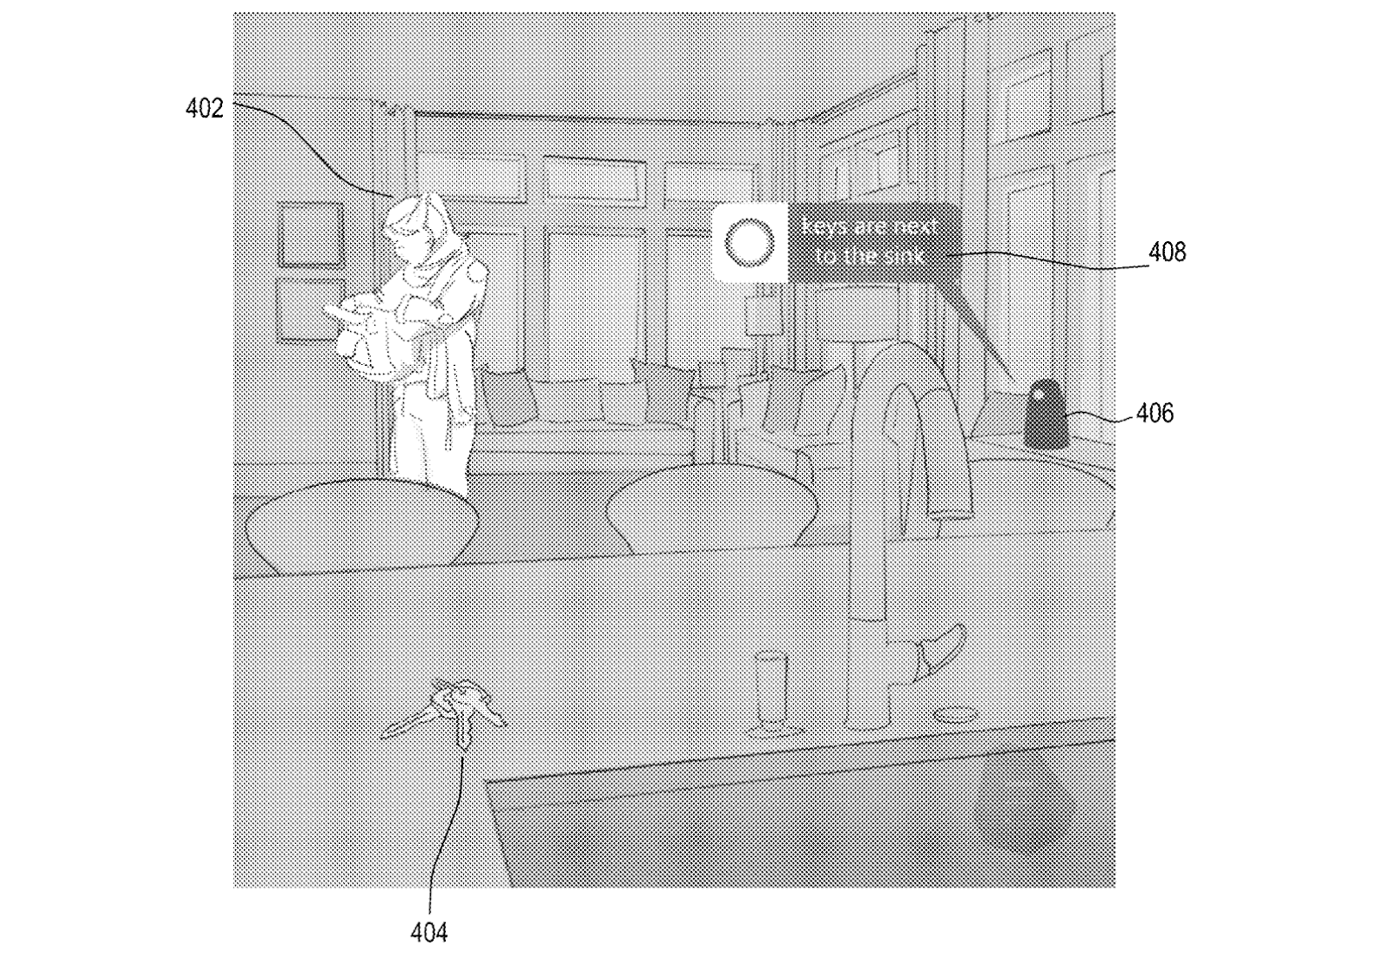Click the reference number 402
point(205,109)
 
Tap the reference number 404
point(428,933)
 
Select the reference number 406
point(1154,413)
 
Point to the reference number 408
point(1167,253)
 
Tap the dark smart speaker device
point(1043,415)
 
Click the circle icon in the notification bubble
point(750,243)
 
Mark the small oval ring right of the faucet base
point(955,714)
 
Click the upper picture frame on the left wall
point(309,233)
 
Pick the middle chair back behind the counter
point(710,505)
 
